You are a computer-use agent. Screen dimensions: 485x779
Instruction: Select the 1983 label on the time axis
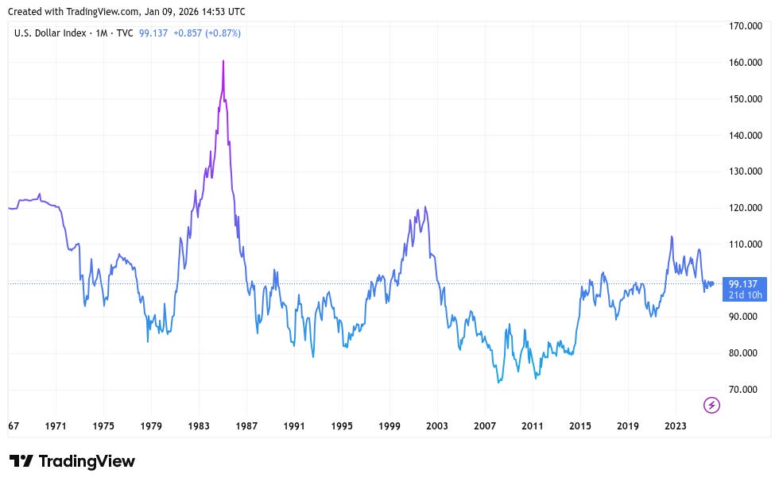[199, 425]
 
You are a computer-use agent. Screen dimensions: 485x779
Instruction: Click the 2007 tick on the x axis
[485, 425]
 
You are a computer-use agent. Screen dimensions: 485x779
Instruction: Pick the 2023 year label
[676, 425]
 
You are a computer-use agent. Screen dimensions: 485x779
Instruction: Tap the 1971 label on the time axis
[56, 425]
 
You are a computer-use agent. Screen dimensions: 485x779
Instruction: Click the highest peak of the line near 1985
[223, 61]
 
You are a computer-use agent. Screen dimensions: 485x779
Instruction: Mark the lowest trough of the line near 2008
[498, 383]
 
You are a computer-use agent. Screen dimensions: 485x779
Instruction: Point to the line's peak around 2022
[672, 237]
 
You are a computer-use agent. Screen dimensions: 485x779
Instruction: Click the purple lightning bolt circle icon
[712, 406]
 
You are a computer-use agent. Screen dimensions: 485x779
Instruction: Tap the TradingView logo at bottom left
[72, 461]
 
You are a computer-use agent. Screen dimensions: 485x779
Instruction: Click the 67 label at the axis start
[14, 425]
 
